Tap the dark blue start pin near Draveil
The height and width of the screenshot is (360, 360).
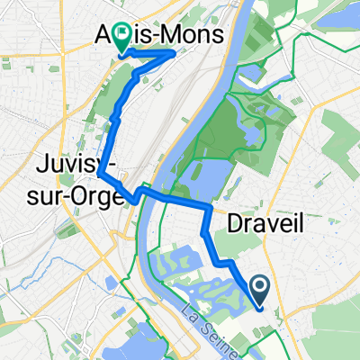[x=260, y=288]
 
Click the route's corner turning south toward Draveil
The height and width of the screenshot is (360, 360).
[x=210, y=207]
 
